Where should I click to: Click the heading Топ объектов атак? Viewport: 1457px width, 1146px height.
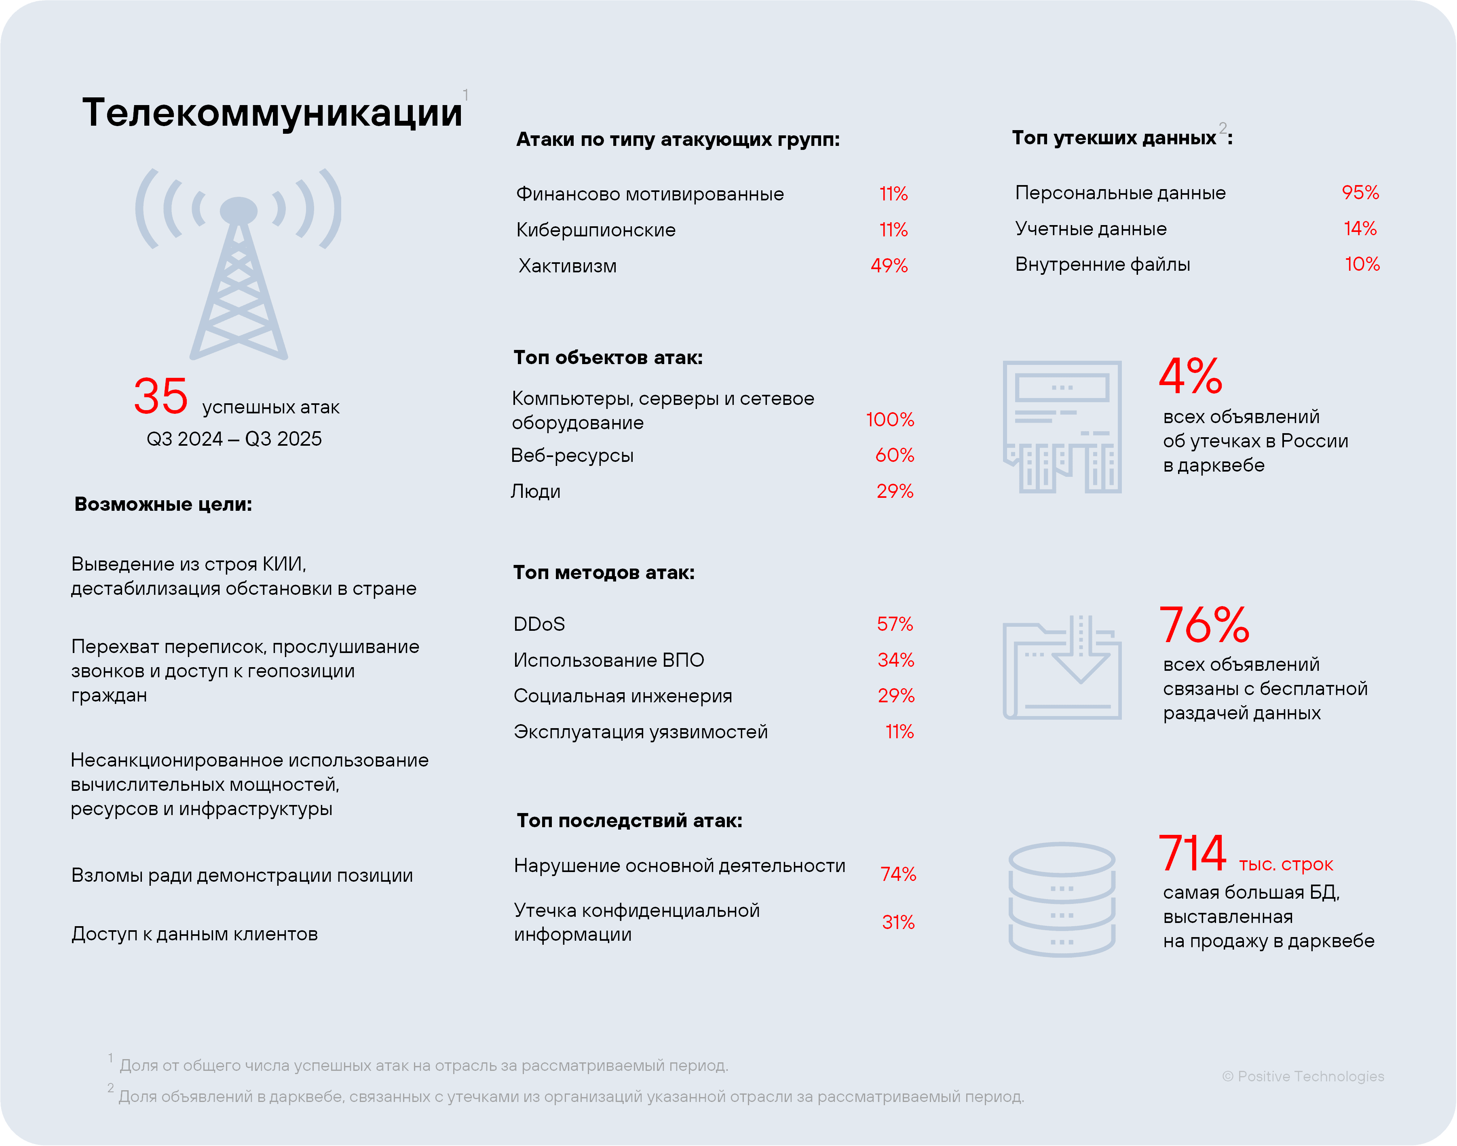[x=608, y=358]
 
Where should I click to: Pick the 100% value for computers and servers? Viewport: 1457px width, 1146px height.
[x=889, y=419]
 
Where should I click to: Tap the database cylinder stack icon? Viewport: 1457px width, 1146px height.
[x=1062, y=899]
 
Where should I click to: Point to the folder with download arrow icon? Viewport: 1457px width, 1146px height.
[x=1062, y=668]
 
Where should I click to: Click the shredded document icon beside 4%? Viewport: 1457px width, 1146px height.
[x=1062, y=427]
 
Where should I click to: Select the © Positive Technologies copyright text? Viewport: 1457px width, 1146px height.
[x=1303, y=1076]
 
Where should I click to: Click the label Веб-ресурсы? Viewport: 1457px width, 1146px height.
[x=572, y=455]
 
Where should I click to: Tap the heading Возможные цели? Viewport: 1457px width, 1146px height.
[x=163, y=505]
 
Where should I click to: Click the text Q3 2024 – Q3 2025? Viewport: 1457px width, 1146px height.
[x=234, y=439]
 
